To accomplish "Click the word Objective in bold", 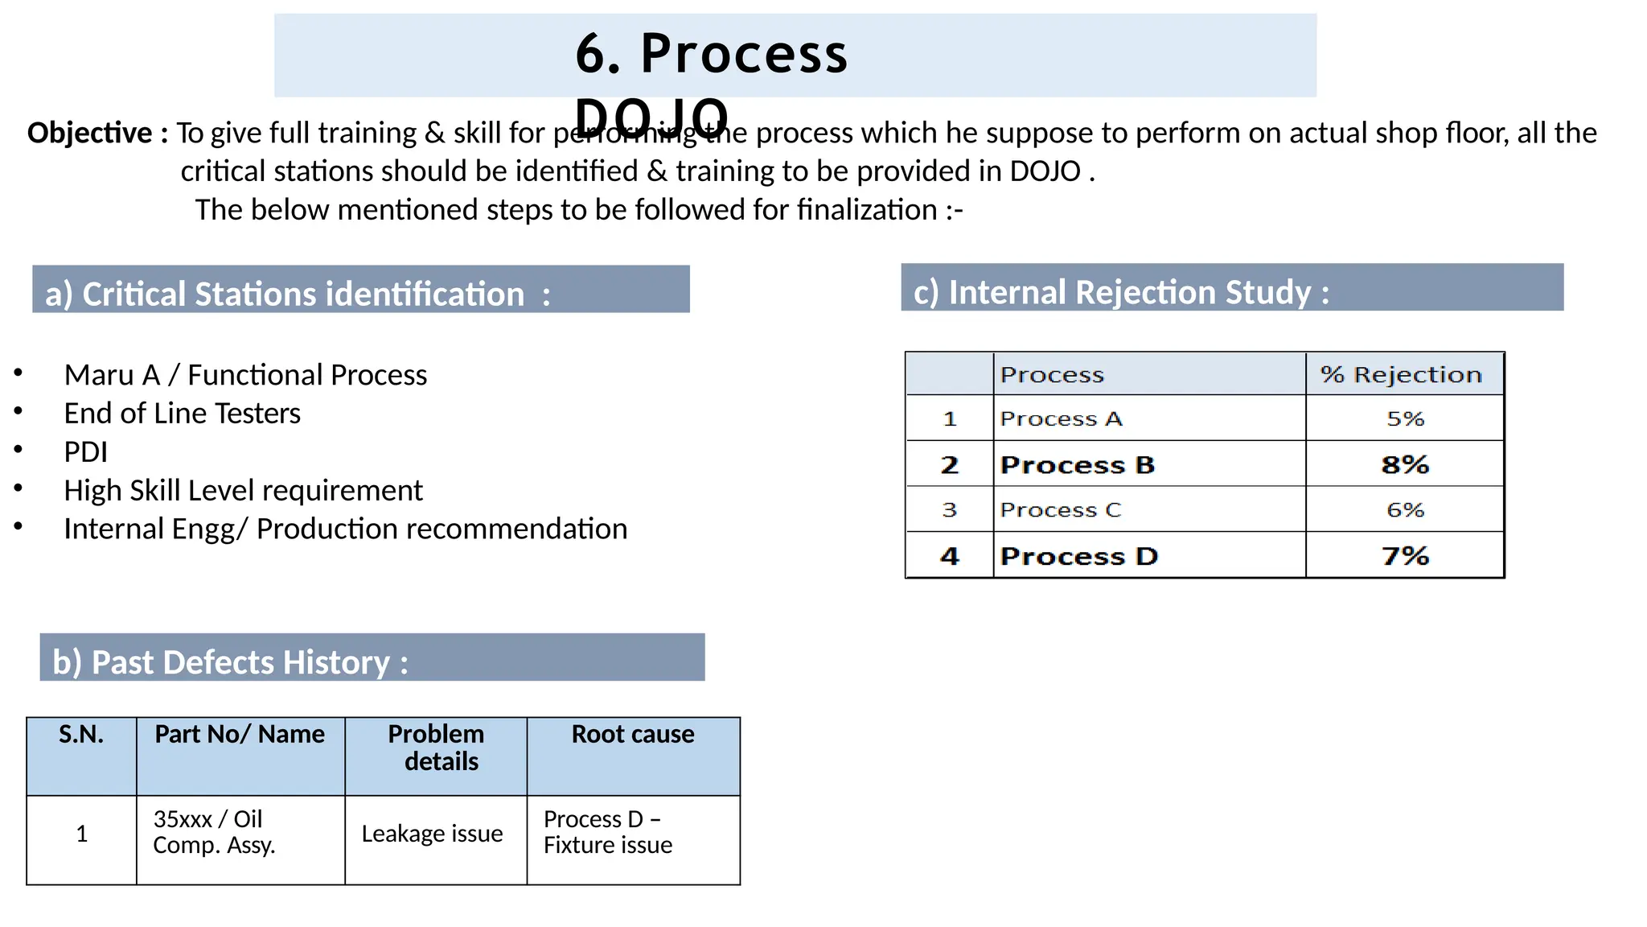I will (x=89, y=133).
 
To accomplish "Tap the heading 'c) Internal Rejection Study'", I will (x=1121, y=292).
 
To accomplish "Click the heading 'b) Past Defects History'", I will (x=230, y=662).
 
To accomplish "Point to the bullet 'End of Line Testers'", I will (x=182, y=414).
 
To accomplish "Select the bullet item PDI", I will (x=85, y=452).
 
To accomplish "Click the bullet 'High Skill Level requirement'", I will (x=243, y=491).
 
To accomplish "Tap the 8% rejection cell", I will (x=1404, y=464).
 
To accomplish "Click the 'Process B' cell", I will (x=1077, y=465).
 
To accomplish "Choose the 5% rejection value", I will (x=1405, y=419).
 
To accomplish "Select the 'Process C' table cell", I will (x=1060, y=510).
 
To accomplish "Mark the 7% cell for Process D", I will (x=1404, y=556).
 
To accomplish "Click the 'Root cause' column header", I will (x=633, y=735).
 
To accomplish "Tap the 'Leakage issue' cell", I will (x=432, y=834).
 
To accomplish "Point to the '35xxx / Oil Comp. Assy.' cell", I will (x=214, y=832).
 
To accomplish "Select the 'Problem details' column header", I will (x=437, y=748).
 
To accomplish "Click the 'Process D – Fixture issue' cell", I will (x=607, y=832).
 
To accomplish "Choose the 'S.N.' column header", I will (x=81, y=735).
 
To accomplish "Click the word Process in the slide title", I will (x=744, y=55).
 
